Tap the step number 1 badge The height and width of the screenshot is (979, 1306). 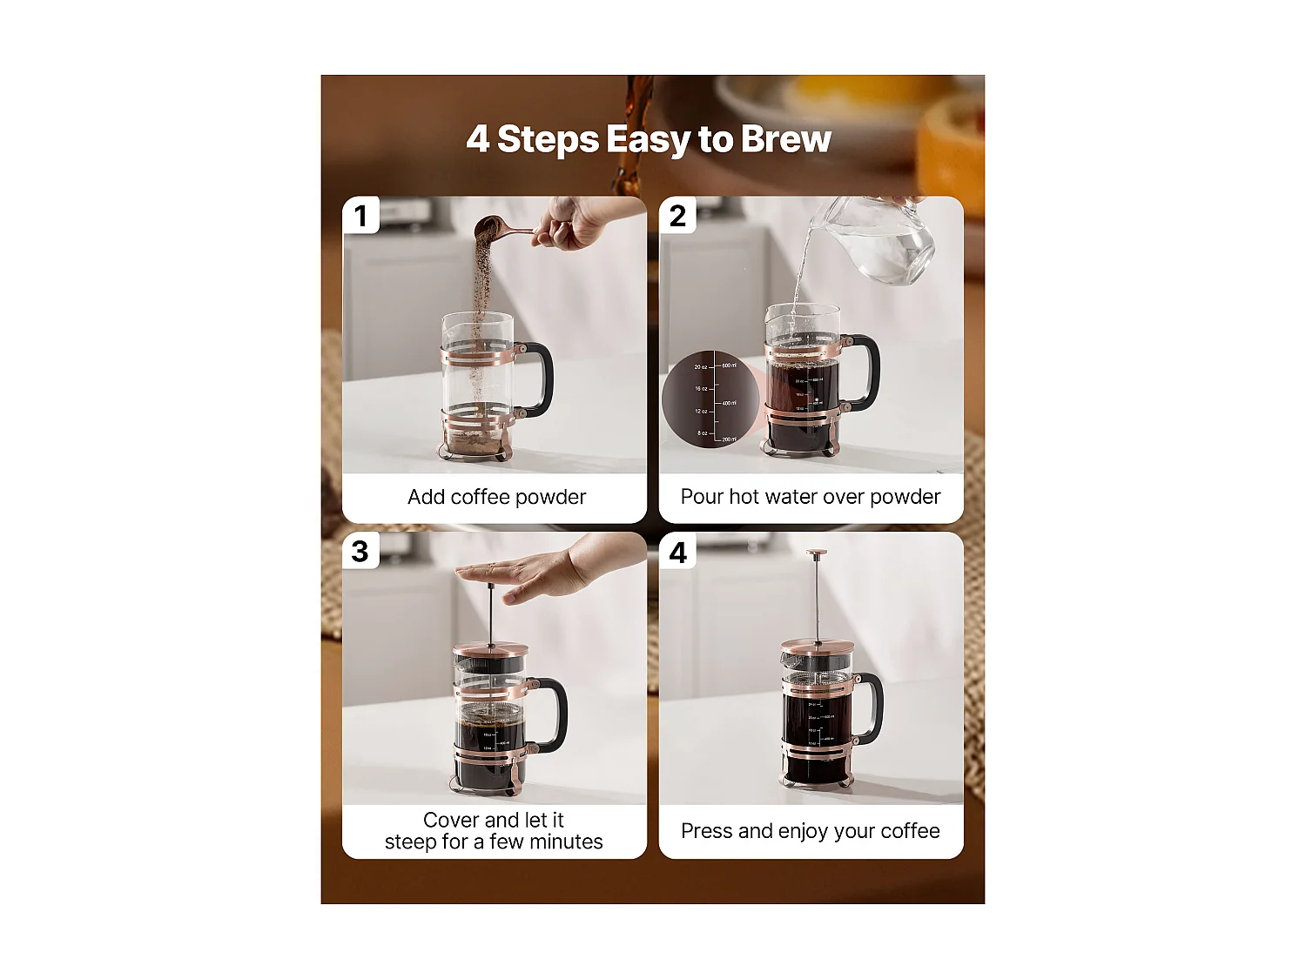point(361,215)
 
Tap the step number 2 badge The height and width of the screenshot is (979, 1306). point(678,215)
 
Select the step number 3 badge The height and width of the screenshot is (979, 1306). point(360,551)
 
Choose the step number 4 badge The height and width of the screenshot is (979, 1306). point(678,552)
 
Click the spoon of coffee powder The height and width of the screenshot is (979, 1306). point(493,228)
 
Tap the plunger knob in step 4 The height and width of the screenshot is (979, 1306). point(816,553)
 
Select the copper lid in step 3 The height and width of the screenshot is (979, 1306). point(490,649)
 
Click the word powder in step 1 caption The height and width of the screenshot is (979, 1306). point(551,497)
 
